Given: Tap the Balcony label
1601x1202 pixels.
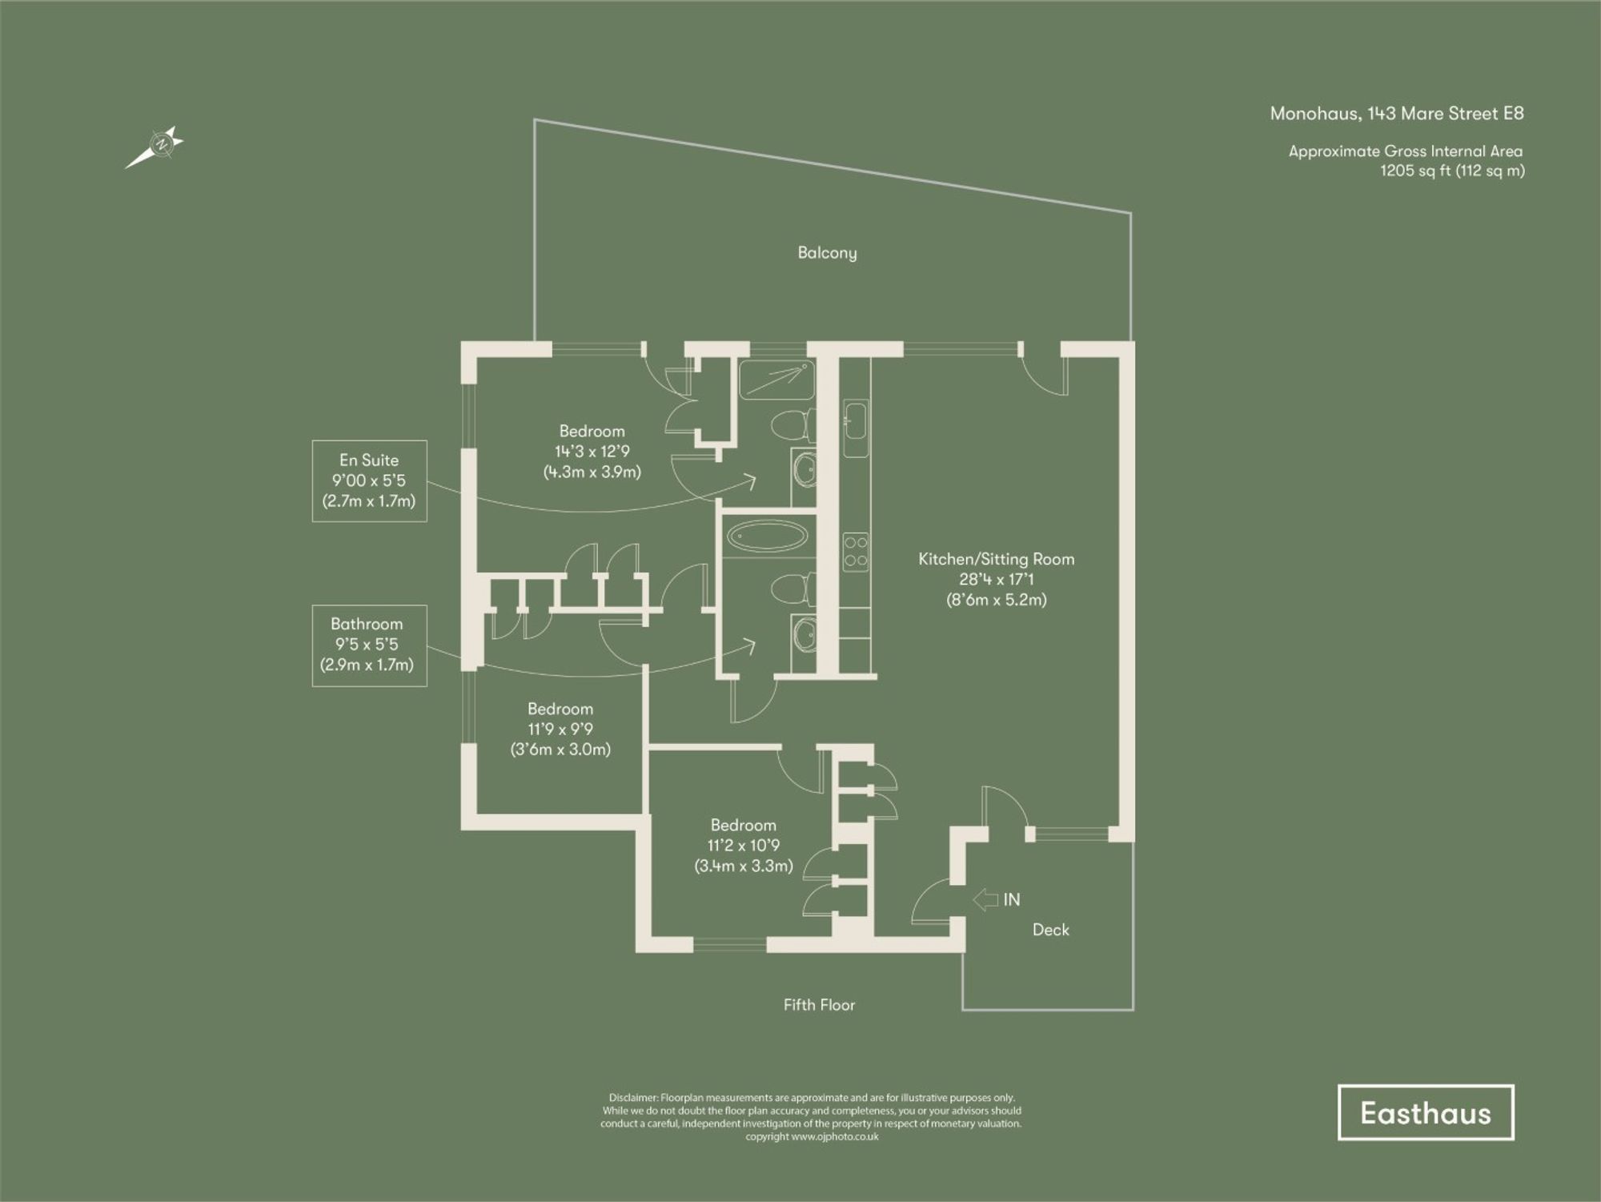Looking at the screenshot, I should (x=827, y=253).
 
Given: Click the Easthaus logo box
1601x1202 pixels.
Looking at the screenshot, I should (x=1426, y=1112).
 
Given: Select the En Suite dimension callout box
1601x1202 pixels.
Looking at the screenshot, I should (x=369, y=480).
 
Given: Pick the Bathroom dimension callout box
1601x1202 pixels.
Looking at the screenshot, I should (x=369, y=645).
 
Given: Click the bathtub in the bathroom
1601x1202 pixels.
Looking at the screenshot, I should (x=768, y=537).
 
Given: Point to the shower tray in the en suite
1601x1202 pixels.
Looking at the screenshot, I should (x=776, y=380).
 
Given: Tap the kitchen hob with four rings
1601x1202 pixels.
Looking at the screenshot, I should (x=855, y=552).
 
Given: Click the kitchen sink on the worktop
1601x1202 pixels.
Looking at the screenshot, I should (x=854, y=421).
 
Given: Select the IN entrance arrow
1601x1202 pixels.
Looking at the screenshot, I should (x=985, y=899).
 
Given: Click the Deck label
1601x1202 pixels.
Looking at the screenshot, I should (x=1050, y=930).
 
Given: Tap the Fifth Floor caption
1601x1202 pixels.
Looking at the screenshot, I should (x=819, y=1005).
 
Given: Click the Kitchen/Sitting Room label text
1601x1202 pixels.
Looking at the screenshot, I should (x=996, y=559).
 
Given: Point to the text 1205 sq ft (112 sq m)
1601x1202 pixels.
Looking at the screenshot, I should (x=1452, y=171).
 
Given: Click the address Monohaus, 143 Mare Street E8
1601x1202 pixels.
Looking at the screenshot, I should (x=1397, y=114).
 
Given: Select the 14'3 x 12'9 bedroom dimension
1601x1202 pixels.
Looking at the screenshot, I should (x=592, y=452).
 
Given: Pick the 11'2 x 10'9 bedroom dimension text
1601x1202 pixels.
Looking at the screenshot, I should (x=743, y=846).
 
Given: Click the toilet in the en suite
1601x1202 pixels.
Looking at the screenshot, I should (x=792, y=424).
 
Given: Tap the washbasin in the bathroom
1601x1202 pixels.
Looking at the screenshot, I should (x=805, y=636).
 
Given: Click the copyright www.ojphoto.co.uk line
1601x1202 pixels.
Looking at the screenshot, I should (x=812, y=1136).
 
